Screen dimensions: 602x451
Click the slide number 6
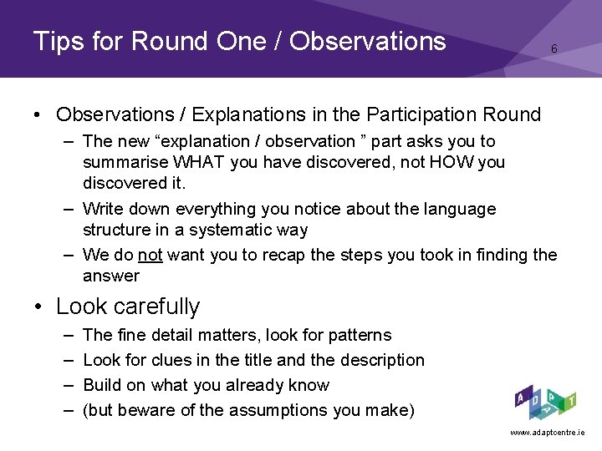pyautogui.click(x=554, y=48)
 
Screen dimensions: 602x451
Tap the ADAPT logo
pyautogui.click(x=545, y=403)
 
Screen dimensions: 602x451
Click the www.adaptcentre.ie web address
pyautogui.click(x=548, y=433)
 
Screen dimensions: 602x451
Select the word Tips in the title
pyautogui.click(x=59, y=41)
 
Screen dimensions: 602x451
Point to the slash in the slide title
pyautogui.click(x=278, y=41)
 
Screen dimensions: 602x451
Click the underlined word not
pyautogui.click(x=150, y=255)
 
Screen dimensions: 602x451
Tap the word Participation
pyautogui.click(x=422, y=114)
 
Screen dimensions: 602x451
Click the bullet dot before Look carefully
pyautogui.click(x=38, y=307)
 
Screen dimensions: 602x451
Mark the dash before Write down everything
pyautogui.click(x=69, y=210)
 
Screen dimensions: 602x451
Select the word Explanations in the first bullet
pyautogui.click(x=249, y=115)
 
